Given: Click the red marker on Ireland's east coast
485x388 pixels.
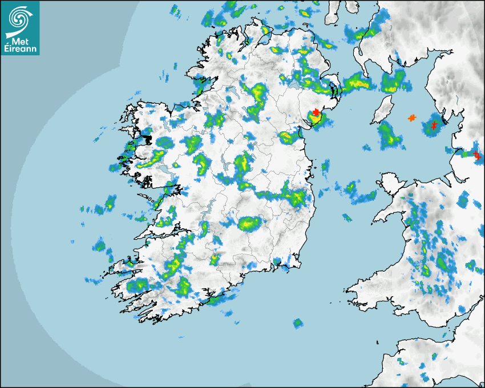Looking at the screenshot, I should (x=316, y=112).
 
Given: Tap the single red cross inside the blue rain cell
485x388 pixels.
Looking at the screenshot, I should (x=434, y=125).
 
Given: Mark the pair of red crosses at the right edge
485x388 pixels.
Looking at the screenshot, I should (x=477, y=154).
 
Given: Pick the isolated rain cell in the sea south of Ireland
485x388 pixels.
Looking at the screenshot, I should (x=297, y=324).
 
